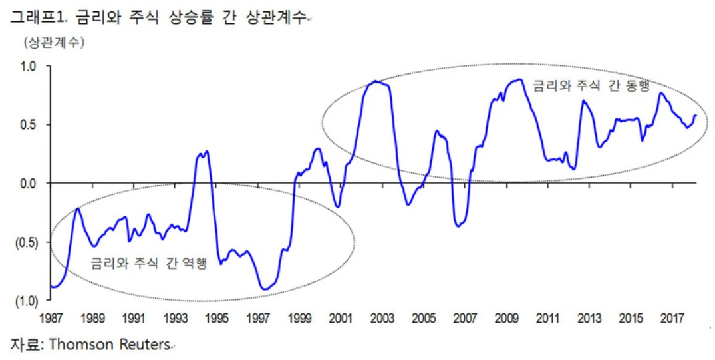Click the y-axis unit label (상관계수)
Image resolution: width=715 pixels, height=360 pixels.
(x=54, y=43)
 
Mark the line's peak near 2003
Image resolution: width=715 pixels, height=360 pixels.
(x=376, y=81)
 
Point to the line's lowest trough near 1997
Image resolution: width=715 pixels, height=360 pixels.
(x=265, y=289)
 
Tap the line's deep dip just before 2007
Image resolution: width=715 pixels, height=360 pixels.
(x=458, y=226)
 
